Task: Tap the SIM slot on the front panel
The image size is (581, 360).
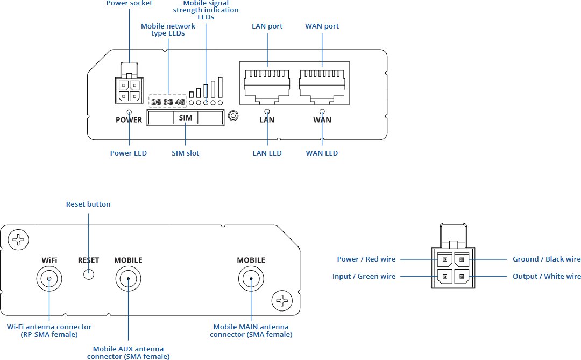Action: (186, 117)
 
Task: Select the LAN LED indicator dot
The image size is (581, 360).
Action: (267, 111)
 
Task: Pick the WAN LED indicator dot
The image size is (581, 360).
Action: (322, 111)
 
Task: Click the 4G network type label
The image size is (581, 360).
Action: (180, 102)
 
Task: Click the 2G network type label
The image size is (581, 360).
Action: (156, 102)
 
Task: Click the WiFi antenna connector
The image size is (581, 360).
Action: (49, 279)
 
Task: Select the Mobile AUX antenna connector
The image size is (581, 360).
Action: (129, 279)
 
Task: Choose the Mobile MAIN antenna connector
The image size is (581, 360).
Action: (251, 279)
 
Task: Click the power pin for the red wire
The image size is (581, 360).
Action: (445, 260)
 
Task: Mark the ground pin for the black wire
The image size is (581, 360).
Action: (462, 260)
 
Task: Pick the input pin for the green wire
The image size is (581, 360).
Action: (445, 277)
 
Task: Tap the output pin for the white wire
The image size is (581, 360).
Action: (462, 277)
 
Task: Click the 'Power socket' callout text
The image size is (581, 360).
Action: (129, 3)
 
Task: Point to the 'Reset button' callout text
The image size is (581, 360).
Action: (88, 204)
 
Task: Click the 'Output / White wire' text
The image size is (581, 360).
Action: (547, 277)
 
